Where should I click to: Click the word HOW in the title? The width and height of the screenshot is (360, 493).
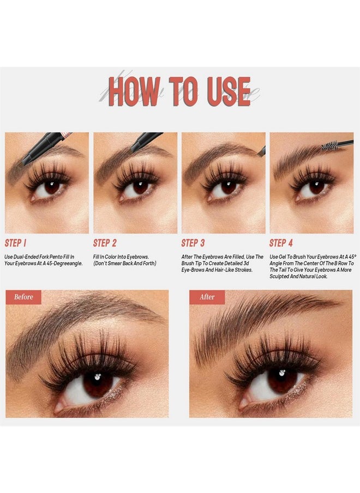[x=134, y=92]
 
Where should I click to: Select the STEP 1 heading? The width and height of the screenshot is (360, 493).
[x=15, y=243]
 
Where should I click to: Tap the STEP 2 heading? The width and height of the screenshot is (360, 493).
[x=105, y=243]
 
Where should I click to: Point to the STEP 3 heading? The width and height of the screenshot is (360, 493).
[x=193, y=243]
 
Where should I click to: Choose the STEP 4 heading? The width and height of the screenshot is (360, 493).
[x=281, y=243]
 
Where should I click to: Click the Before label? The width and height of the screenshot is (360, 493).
[x=23, y=297]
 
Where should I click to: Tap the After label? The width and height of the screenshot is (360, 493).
[x=207, y=297]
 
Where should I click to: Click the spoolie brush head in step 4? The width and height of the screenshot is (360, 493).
[x=329, y=146]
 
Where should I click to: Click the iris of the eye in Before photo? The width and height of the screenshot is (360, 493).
[x=98, y=383]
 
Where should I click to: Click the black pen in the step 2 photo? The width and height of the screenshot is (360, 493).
[x=146, y=142]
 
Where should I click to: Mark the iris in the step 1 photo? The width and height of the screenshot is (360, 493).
[x=52, y=187]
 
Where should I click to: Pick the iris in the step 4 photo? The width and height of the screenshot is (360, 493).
[x=316, y=187]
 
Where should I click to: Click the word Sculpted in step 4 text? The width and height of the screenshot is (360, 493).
[x=279, y=276]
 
